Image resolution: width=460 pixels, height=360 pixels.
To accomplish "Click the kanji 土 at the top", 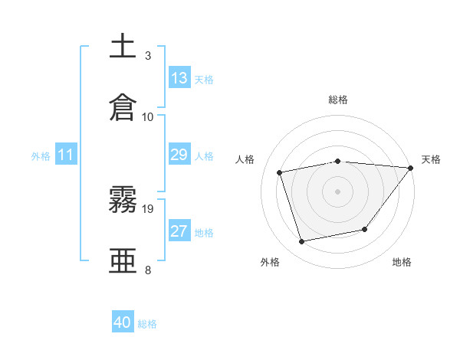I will (123, 46).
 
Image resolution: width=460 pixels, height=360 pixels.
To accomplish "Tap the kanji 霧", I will (123, 200).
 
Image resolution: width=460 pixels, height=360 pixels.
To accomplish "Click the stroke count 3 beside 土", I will (148, 56).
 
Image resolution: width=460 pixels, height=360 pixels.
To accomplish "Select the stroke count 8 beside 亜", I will (148, 270).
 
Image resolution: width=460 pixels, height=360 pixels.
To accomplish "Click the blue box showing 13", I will (179, 78).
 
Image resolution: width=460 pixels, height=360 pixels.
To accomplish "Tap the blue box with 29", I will (179, 155).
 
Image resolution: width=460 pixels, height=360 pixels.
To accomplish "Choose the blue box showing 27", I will (179, 231).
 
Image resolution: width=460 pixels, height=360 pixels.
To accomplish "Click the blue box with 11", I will (66, 155).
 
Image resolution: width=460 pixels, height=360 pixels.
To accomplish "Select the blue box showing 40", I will (123, 322).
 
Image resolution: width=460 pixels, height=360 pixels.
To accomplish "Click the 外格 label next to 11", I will (41, 156).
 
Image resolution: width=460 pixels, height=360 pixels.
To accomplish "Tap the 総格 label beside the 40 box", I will (147, 324).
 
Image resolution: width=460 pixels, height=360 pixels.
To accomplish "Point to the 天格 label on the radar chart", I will (431, 159).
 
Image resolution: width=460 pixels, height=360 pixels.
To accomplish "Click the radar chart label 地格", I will (402, 262).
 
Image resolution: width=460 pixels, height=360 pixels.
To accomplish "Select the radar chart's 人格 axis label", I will (245, 159).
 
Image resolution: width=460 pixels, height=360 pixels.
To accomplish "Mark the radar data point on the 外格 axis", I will (302, 242).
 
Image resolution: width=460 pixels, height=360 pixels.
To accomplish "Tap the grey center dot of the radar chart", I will (337, 191).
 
